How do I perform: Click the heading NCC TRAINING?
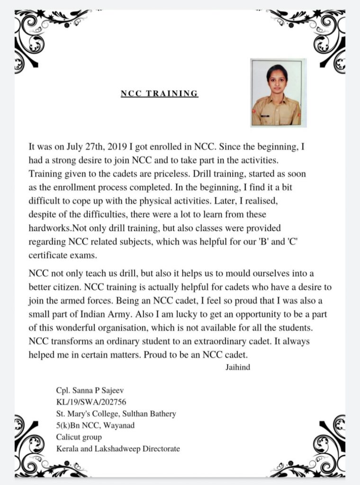(x=159, y=93)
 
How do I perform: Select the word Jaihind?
(x=238, y=365)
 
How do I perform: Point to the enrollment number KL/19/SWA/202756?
(x=90, y=402)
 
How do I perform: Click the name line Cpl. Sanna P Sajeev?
(x=89, y=390)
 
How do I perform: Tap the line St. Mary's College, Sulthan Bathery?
(x=116, y=413)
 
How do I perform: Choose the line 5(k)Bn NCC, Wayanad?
(x=95, y=425)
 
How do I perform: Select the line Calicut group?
(x=78, y=437)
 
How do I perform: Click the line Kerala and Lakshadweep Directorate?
(x=117, y=448)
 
